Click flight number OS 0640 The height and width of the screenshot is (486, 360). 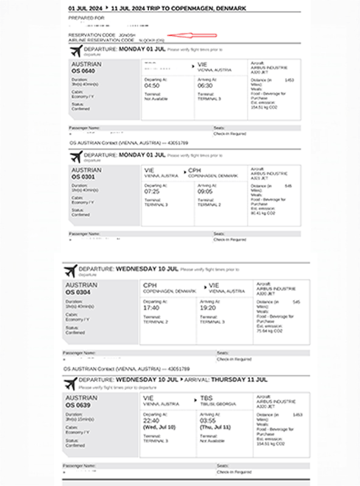coord(84,71)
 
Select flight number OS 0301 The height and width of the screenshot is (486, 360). coord(84,177)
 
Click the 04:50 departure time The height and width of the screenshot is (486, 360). coord(152,86)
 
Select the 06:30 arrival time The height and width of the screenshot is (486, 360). coord(207,86)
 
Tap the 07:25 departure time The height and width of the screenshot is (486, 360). coord(152,191)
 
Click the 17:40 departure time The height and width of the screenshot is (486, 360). coord(151,307)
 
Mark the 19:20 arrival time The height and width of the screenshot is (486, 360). coord(209,307)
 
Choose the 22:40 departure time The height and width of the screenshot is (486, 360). coord(151,420)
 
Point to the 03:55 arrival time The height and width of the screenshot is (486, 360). coord(209,420)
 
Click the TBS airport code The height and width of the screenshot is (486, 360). coord(207,399)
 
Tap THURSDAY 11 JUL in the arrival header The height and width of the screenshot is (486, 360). coord(239,379)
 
